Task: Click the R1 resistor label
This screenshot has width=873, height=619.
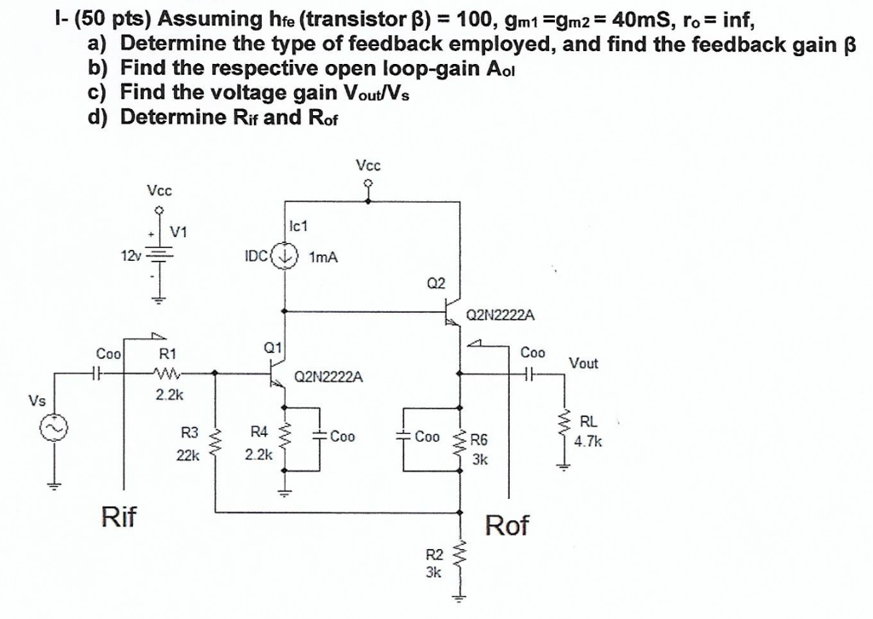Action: point(168,354)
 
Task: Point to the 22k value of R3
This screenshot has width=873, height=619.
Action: point(187,456)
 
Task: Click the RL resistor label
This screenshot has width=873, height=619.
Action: point(588,421)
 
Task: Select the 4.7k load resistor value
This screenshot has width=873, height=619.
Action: point(588,442)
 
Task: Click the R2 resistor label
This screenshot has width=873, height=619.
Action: point(434,555)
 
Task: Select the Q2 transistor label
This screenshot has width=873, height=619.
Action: point(436,283)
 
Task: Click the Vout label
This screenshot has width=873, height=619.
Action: point(584,363)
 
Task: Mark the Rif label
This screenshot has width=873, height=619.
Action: point(119,517)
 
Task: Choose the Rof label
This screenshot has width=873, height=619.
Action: point(506,525)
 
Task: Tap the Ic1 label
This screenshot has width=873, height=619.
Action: point(298,227)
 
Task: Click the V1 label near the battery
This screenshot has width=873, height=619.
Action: point(179,232)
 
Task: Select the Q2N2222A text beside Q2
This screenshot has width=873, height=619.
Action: point(501,316)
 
